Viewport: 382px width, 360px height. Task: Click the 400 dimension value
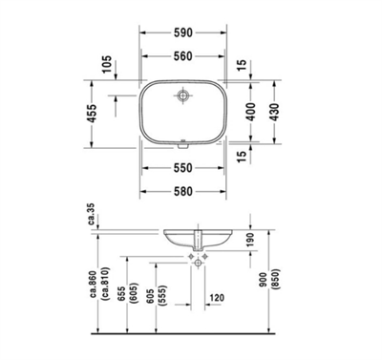251,115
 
